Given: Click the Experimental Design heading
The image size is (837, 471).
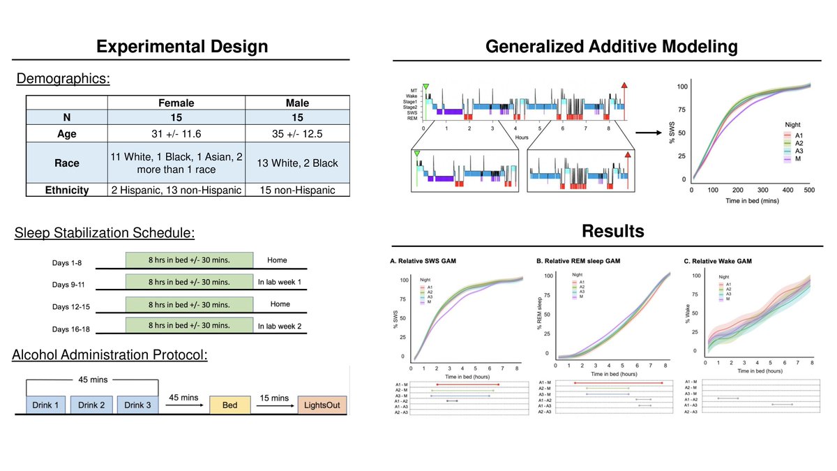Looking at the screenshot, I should [x=181, y=47].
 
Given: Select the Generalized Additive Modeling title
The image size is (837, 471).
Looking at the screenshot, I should [x=611, y=47].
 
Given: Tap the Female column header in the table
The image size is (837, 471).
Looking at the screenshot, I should [x=176, y=103].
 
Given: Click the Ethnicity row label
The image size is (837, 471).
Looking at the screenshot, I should [x=67, y=190].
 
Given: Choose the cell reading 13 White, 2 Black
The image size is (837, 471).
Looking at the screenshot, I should [x=297, y=163].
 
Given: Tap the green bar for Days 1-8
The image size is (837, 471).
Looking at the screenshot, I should [x=190, y=260].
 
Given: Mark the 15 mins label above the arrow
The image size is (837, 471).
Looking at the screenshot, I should [x=274, y=398].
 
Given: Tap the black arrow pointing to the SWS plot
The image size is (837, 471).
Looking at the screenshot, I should [x=653, y=129].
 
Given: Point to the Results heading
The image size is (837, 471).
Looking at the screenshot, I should [x=612, y=230].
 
